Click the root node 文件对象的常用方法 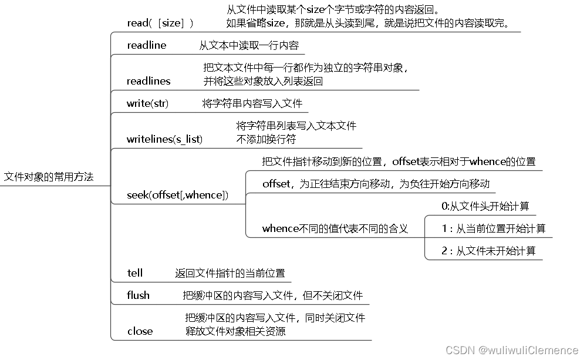(x=49, y=177)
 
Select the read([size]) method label (x=160, y=23)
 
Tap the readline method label (x=147, y=45)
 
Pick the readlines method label (x=149, y=81)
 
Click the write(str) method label (x=147, y=103)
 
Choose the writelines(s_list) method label (x=164, y=139)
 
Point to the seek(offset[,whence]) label (x=177, y=194)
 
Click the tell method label (x=135, y=273)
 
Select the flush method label (x=139, y=295)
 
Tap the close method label (x=140, y=331)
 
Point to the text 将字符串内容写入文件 (x=252, y=103)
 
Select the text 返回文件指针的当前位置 (x=230, y=273)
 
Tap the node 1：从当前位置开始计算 (x=493, y=228)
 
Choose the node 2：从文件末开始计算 (x=488, y=251)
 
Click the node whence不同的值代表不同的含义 (x=335, y=228)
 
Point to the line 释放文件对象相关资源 (x=235, y=331)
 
